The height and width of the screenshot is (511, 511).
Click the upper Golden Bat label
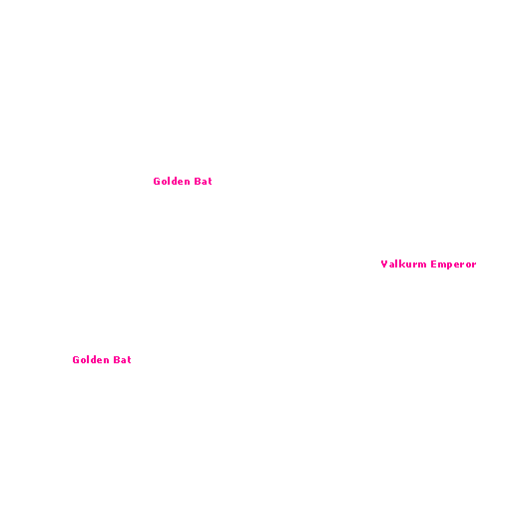click(x=183, y=182)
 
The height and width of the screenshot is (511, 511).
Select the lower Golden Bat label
click(x=102, y=360)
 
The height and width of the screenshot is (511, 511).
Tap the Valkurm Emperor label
click(x=428, y=264)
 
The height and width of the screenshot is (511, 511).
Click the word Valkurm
click(x=403, y=264)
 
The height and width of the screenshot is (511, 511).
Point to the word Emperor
click(x=453, y=264)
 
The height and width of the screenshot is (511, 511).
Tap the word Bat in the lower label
click(x=122, y=360)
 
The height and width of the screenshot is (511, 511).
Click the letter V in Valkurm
click(x=384, y=264)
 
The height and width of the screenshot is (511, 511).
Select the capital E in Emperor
click(x=434, y=264)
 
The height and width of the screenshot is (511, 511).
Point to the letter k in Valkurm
click(x=403, y=264)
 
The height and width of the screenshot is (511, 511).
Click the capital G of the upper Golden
click(x=157, y=182)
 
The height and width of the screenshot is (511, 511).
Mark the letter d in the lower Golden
click(x=94, y=360)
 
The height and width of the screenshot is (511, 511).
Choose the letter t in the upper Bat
click(x=210, y=182)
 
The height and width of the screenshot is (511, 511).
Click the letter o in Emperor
click(x=467, y=265)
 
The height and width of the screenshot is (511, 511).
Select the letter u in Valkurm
click(x=410, y=265)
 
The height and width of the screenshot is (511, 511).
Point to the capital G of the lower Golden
click(x=76, y=360)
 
